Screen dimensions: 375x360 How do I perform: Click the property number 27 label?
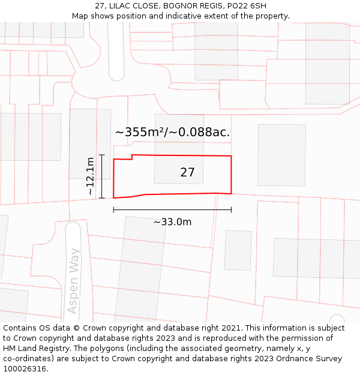[187, 173]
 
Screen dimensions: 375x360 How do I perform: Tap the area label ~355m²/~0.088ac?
[173, 132]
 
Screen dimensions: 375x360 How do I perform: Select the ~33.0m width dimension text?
[172, 222]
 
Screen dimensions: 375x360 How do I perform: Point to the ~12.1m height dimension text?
[90, 176]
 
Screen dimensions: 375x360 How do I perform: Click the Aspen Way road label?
[74, 281]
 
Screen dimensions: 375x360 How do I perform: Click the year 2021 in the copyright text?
[230, 328]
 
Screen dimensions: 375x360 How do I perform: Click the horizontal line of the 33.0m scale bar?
[172, 210]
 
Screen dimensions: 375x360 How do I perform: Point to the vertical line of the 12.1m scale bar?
[102, 176]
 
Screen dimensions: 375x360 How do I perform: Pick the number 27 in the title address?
[100, 6]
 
